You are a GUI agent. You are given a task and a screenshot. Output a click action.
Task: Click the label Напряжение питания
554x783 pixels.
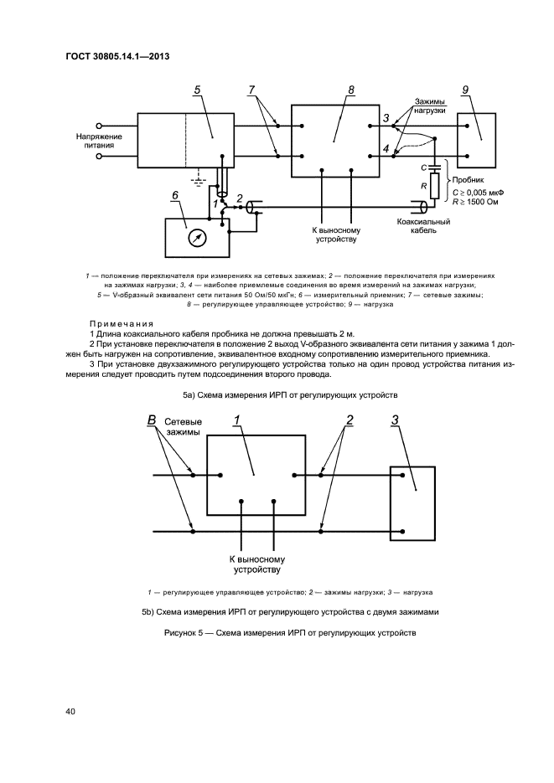pos(100,141)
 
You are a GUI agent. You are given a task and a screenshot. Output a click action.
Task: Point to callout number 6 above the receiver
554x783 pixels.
pos(174,195)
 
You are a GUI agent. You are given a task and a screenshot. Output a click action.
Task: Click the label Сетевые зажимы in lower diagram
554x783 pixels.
pos(183,427)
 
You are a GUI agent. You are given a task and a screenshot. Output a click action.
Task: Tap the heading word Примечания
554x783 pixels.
pos(121,323)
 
